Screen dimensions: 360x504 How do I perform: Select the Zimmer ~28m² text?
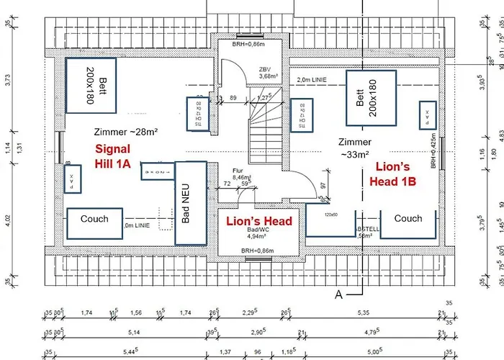pyautogui.click(x=125, y=131)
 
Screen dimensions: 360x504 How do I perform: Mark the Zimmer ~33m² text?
pyautogui.click(x=354, y=148)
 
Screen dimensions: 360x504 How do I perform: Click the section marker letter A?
pyautogui.click(x=338, y=294)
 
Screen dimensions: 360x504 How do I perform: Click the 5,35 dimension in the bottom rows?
pyautogui.click(x=366, y=313)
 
